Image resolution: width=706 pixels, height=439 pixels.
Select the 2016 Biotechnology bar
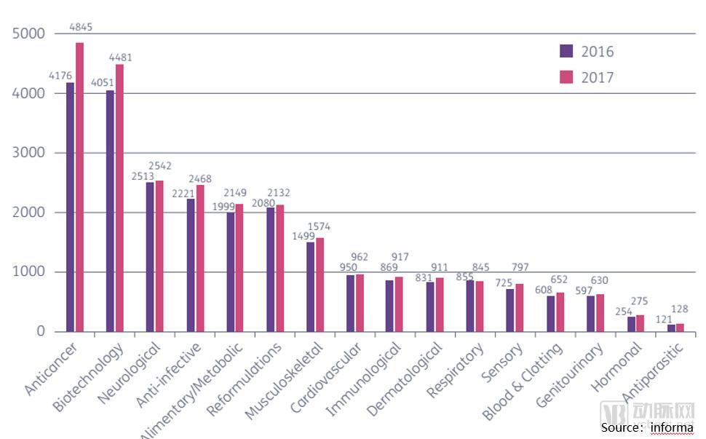click(x=110, y=210)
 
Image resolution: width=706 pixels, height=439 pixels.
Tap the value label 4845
click(x=81, y=28)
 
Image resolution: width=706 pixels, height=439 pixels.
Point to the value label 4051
click(x=103, y=82)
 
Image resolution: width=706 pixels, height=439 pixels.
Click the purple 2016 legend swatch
click(x=567, y=51)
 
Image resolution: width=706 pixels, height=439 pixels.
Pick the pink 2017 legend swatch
click(x=567, y=77)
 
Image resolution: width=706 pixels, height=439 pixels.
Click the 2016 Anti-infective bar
click(x=190, y=265)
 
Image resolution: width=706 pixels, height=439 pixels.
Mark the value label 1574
click(x=320, y=227)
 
